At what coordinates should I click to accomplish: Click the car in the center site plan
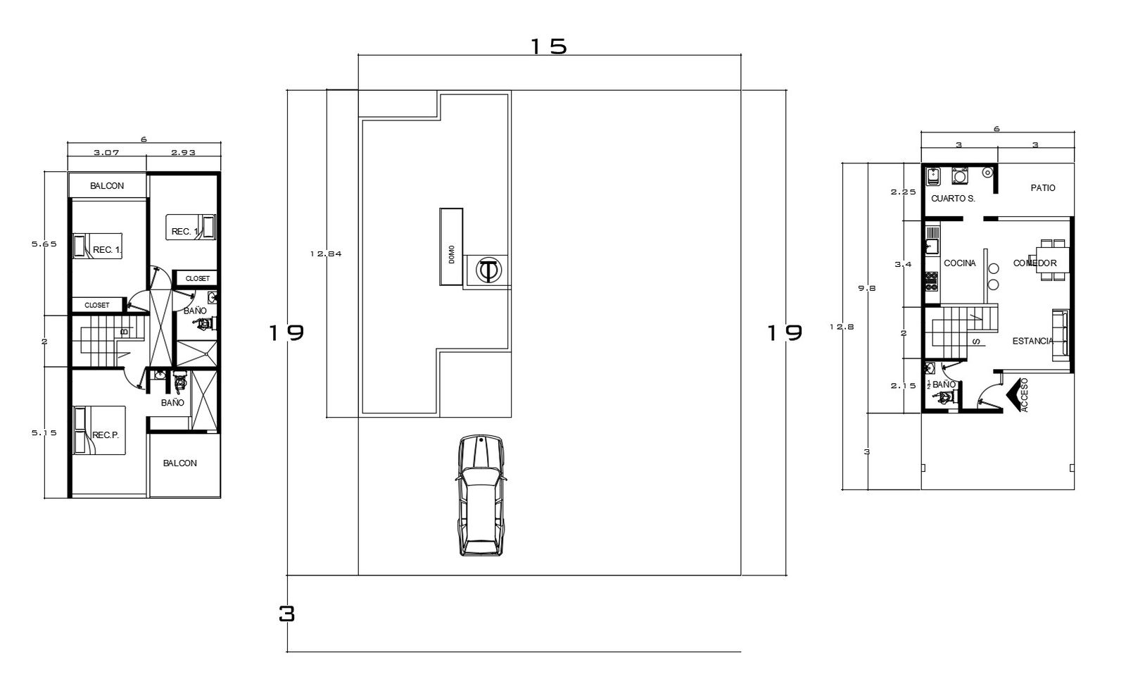click(x=481, y=496)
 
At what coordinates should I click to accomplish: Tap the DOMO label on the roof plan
click(x=451, y=255)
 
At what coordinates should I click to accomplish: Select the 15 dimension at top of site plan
click(x=548, y=46)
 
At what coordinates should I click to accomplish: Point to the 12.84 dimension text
click(x=325, y=254)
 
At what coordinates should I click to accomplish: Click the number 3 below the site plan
click(x=286, y=614)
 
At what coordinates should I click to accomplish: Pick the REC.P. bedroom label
click(x=106, y=435)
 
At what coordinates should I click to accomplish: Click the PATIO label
click(x=1042, y=188)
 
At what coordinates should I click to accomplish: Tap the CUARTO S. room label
click(x=953, y=199)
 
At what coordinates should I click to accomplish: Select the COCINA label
click(x=960, y=263)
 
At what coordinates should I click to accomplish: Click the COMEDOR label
click(x=1035, y=263)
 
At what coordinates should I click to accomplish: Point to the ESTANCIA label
click(x=1032, y=342)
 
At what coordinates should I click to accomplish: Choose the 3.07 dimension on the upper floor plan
click(x=106, y=152)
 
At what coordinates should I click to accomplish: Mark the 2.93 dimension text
click(x=183, y=152)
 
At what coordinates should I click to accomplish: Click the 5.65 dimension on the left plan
click(x=44, y=244)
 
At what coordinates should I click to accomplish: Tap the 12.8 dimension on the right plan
click(x=842, y=327)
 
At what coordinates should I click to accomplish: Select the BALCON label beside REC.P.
click(x=180, y=463)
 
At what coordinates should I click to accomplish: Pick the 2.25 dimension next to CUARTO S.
click(x=903, y=192)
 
